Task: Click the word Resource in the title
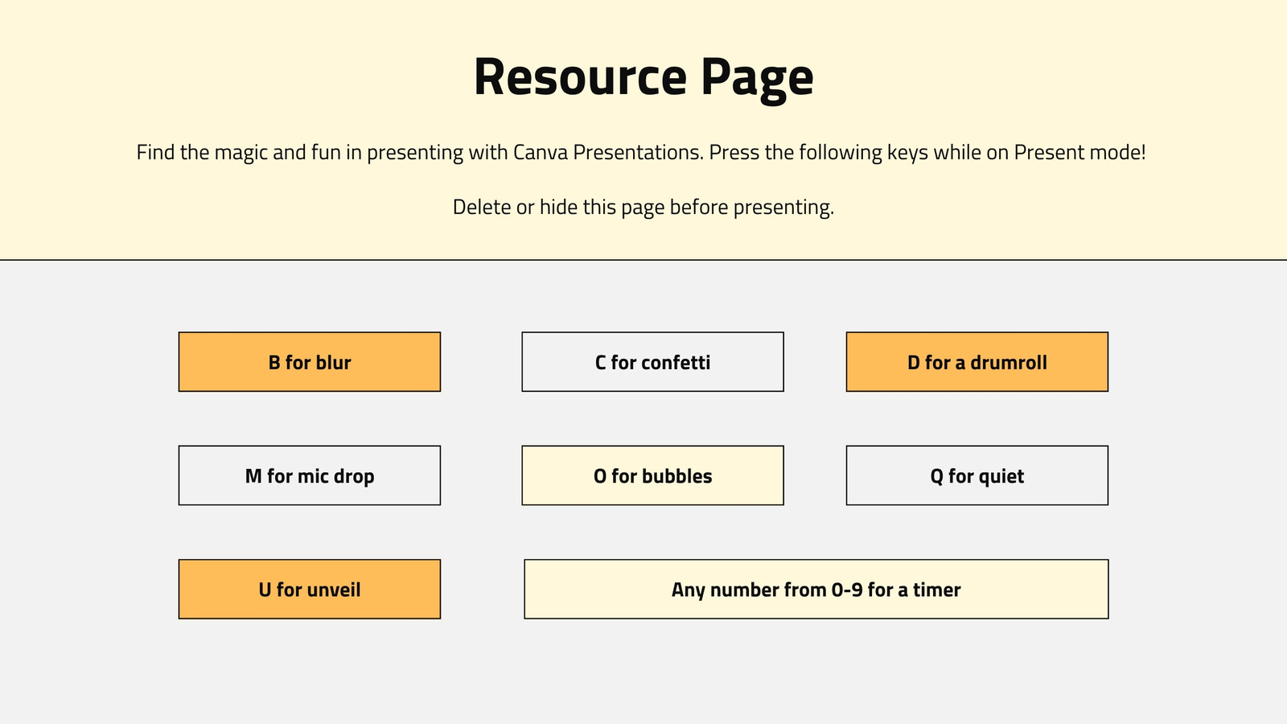[580, 76]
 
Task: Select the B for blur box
[310, 362]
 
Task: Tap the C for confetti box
[652, 362]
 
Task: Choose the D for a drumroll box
[977, 362]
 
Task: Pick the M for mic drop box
[310, 475]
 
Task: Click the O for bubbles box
[652, 475]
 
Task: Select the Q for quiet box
[977, 475]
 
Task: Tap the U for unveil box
[310, 590]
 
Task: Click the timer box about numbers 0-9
[816, 590]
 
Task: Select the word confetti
[676, 363]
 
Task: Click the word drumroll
[1009, 363]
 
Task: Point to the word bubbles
[676, 476]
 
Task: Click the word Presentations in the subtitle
[639, 152]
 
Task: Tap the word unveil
[334, 590]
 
